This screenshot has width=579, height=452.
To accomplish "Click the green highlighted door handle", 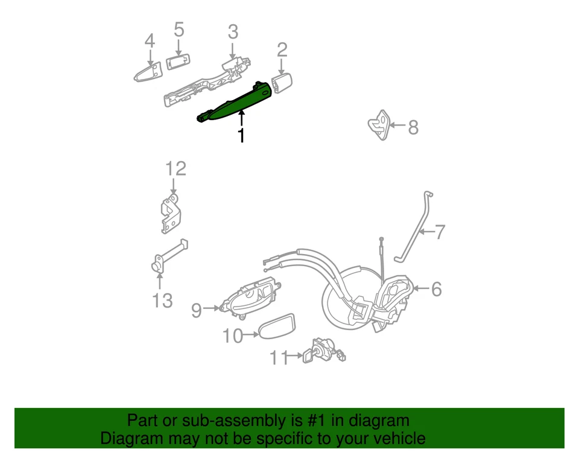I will point(232,103).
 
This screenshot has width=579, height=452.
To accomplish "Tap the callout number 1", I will point(241,135).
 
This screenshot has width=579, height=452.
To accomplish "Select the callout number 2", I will point(282,49).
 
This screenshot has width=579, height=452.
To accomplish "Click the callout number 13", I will point(162,300).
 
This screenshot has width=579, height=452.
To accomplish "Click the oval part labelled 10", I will point(278,328).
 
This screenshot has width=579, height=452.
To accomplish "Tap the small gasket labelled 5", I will point(178,62).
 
